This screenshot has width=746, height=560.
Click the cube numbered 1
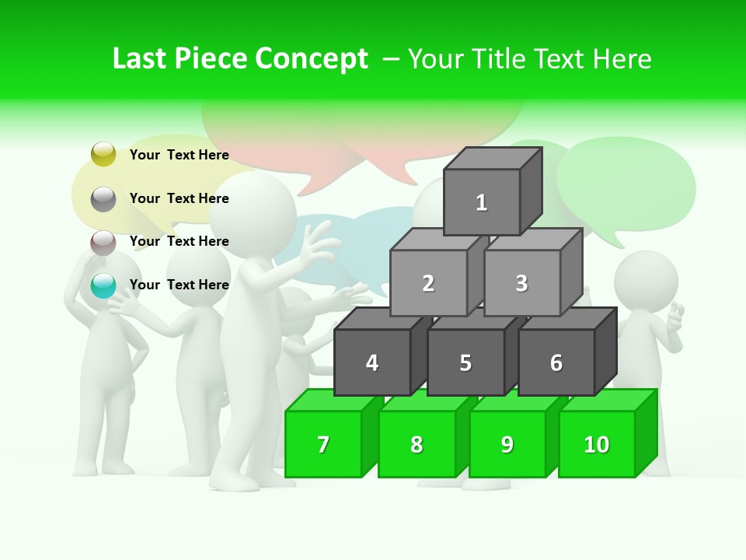pos(482,202)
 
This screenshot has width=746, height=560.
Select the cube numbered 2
pos(428,283)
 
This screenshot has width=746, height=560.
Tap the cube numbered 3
pos(521,283)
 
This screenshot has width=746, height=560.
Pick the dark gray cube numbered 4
pos(372,362)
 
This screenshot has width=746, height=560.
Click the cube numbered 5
pos(465,362)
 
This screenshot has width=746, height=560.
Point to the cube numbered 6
pos(556,362)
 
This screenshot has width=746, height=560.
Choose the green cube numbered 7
pos(323,444)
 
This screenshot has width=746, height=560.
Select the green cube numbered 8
pos(417,444)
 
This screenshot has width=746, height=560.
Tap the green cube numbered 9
pos(507,444)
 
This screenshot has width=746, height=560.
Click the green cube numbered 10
pos(597,444)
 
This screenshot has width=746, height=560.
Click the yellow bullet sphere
pos(103,154)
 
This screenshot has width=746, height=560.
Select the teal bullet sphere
pos(103,285)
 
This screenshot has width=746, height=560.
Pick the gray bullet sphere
pos(103,199)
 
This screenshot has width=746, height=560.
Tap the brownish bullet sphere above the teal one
pos(103,243)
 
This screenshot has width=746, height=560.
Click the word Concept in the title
pos(311,59)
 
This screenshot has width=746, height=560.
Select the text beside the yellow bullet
pos(180,155)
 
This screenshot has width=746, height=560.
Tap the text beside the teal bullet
pos(180,285)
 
